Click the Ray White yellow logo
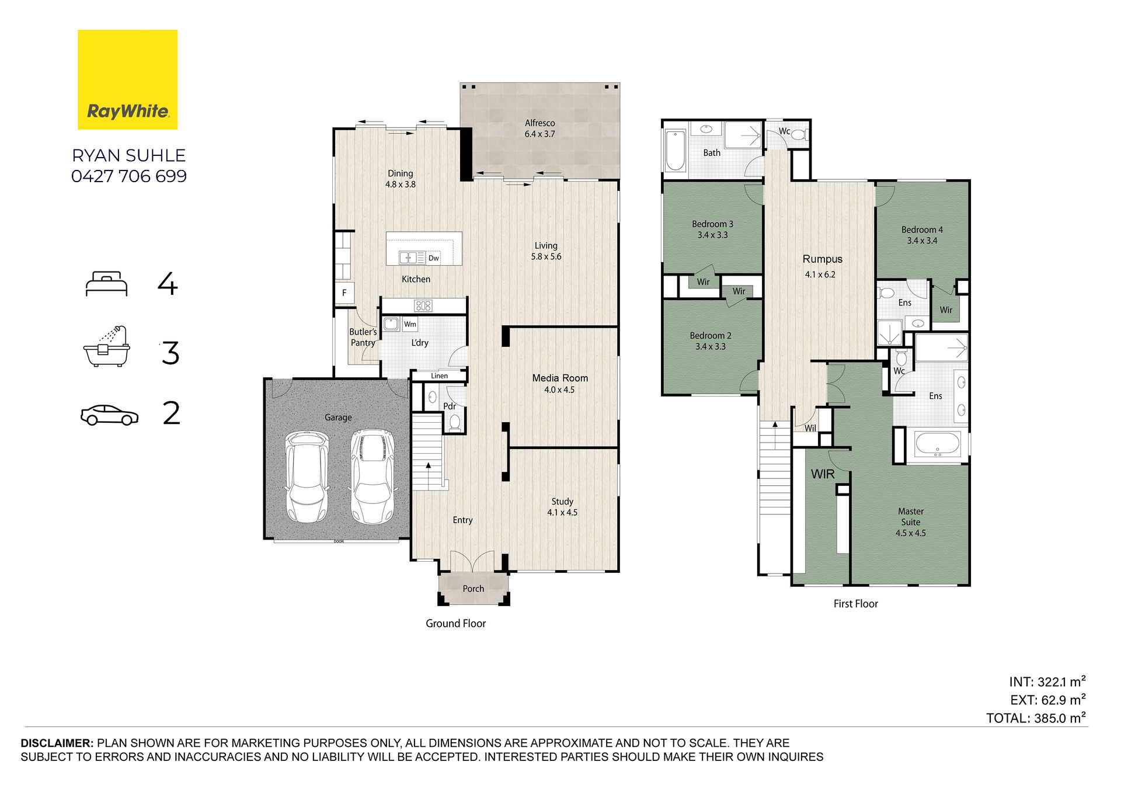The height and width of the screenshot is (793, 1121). pos(127,79)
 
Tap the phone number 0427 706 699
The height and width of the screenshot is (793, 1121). pos(129,176)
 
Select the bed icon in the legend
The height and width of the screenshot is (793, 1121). pos(106,284)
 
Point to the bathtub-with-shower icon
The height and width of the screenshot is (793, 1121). pos(106,346)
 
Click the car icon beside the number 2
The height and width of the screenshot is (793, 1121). pos(109,415)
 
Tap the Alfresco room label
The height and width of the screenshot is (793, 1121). pos(539,123)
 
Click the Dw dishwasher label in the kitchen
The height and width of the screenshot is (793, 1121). pos(434,258)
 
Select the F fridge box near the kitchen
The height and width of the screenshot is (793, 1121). pos(344,293)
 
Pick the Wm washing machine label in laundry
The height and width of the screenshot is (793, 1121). pos(410,324)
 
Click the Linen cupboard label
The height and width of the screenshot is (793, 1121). pos(440,376)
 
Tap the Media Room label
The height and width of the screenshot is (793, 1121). pos(560,378)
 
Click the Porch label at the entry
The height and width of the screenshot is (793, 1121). pos(474,589)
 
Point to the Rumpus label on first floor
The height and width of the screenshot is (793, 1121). pos(822,259)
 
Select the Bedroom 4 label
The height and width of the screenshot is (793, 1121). pos(922,230)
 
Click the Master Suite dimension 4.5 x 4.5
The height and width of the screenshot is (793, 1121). pos(911,533)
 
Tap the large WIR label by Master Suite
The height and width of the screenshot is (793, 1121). pos(823,474)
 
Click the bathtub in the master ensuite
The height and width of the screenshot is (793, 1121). pos(937,444)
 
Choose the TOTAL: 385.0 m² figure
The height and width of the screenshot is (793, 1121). pos(1036,718)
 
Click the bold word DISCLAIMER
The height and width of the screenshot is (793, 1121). pos(57,743)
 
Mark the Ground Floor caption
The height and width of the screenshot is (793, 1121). pos(455,624)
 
